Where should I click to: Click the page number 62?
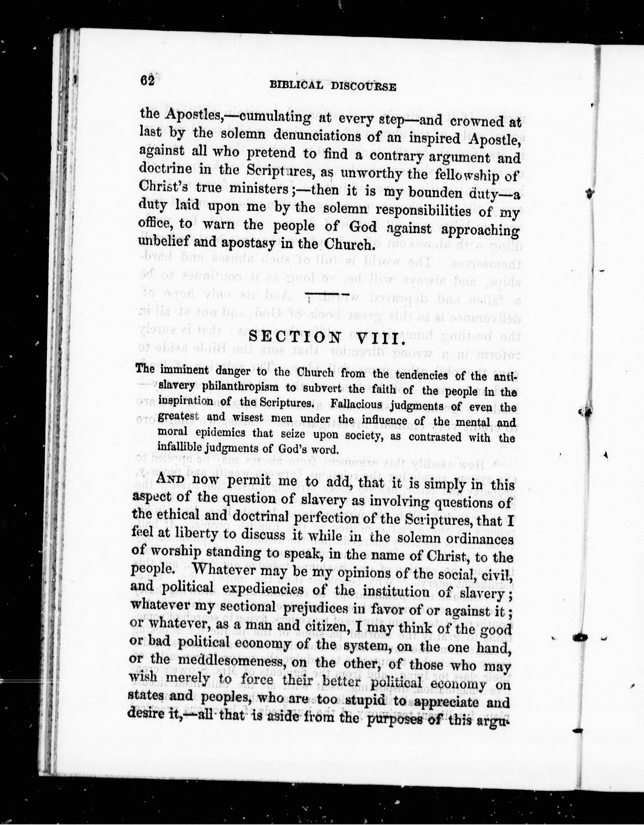[146, 82]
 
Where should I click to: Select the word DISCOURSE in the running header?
[363, 87]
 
